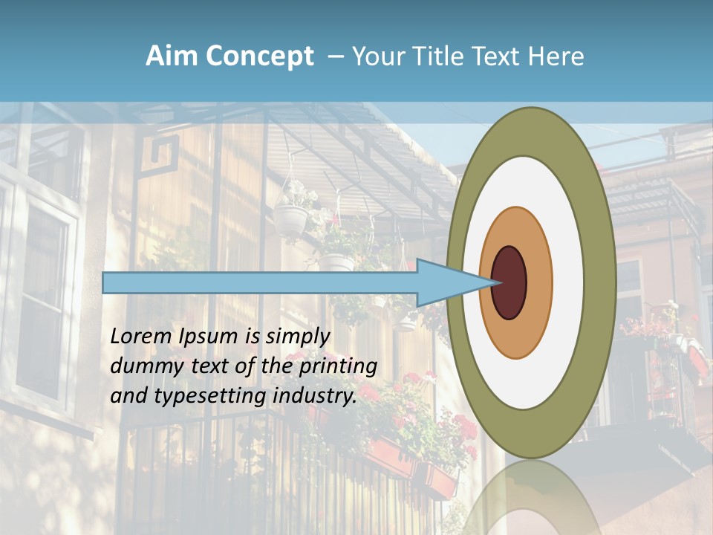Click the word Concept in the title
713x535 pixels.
259,56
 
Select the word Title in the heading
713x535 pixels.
432,56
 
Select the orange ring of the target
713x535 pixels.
540,282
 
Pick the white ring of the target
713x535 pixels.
568,282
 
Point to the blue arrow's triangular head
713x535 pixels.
446,282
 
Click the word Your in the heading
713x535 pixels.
376,56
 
